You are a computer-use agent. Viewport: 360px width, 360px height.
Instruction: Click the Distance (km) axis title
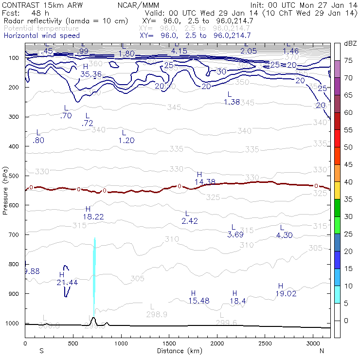178,351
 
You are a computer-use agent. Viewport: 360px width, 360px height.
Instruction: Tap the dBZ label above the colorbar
350,44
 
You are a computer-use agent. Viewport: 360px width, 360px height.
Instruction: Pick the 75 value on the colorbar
348,60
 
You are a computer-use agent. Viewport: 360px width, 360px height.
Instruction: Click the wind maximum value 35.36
91,74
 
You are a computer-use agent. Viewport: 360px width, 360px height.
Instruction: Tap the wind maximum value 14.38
205,181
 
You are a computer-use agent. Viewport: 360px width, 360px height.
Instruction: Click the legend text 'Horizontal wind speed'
41,36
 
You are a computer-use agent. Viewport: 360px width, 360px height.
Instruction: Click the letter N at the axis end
322,351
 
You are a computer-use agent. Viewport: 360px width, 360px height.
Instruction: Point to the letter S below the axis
41,351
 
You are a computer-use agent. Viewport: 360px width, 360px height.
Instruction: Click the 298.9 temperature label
157,314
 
